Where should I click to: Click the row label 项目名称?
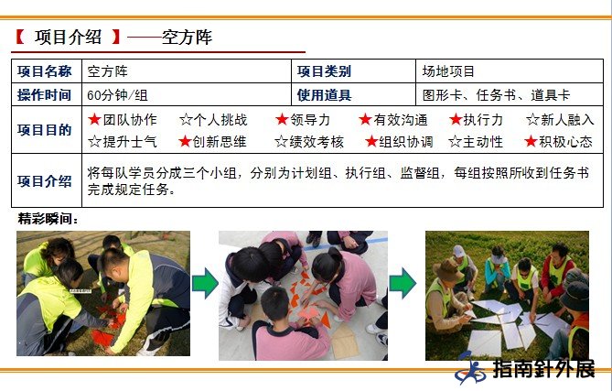tap(45, 71)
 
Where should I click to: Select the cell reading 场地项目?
tap(448, 71)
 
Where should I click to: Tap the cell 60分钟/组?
tap(117, 95)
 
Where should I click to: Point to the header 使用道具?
tap(324, 95)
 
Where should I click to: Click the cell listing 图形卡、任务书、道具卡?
tap(496, 95)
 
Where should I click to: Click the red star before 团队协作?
tap(94, 119)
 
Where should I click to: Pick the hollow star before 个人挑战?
tap(187, 120)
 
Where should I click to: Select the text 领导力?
tap(310, 120)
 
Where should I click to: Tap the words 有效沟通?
tap(401, 120)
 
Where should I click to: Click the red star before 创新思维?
tap(185, 141)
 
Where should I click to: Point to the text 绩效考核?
tap(317, 142)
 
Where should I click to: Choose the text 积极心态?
tap(565, 141)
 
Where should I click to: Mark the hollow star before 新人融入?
tap(532, 119)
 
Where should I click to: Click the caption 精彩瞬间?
tap(48, 219)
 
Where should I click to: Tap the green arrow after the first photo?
tap(205, 283)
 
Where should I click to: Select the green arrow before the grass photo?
tap(403, 283)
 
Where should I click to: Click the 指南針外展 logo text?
tap(543, 369)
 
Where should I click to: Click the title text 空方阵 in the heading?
tap(187, 38)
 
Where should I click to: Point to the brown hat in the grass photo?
tap(447, 271)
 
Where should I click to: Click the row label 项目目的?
tap(45, 130)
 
